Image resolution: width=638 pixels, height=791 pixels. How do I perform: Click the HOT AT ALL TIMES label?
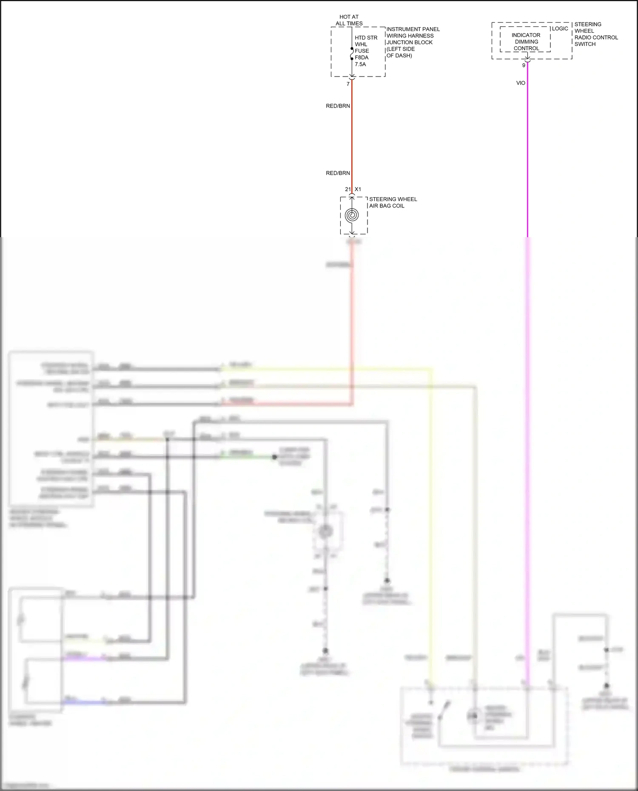(x=349, y=20)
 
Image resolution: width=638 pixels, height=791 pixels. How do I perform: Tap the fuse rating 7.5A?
(x=360, y=64)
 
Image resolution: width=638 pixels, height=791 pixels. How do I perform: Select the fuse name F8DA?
(x=362, y=57)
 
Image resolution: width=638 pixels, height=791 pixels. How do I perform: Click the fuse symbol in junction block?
(x=352, y=54)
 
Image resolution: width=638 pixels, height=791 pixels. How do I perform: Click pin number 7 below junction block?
(x=348, y=84)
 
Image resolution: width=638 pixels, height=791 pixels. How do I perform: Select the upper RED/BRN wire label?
(x=338, y=106)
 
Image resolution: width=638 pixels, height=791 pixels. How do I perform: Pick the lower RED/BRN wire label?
(x=338, y=173)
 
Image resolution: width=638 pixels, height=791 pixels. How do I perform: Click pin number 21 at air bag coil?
(x=348, y=189)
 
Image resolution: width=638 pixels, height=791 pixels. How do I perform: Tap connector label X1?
(x=358, y=189)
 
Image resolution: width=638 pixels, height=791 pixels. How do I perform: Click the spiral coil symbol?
(x=352, y=215)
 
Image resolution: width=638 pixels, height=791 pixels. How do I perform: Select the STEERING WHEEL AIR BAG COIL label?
(x=393, y=202)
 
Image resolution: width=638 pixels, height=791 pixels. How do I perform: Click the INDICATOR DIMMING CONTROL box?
(x=526, y=42)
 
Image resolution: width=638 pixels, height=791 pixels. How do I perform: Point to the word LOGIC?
(x=560, y=28)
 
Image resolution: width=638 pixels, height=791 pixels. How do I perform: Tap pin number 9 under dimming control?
(x=524, y=65)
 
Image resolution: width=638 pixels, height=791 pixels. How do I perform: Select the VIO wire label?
(x=521, y=83)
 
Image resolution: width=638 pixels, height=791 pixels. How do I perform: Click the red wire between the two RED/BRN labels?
(x=352, y=140)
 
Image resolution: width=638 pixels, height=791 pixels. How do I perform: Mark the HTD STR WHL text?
(x=366, y=41)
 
